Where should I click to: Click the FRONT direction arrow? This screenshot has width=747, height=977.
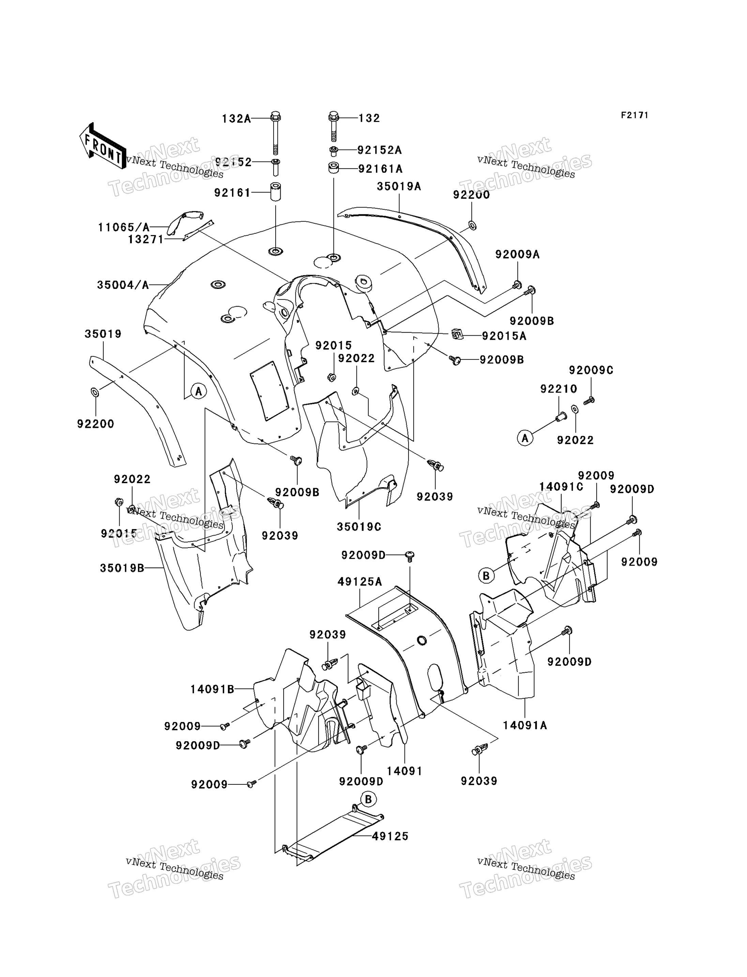(x=102, y=146)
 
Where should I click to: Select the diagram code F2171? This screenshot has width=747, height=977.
(x=635, y=115)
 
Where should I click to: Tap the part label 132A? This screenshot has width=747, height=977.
(x=237, y=119)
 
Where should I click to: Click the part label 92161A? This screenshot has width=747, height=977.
(x=380, y=169)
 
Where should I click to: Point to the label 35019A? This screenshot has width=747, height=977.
(x=399, y=186)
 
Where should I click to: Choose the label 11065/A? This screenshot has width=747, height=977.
(x=124, y=228)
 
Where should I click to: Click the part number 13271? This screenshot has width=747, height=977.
(x=146, y=240)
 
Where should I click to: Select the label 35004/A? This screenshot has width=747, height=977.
(x=123, y=285)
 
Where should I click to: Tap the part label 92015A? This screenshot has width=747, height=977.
(x=504, y=336)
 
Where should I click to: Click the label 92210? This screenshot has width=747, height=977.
(x=559, y=389)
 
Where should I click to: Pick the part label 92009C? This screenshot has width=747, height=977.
(x=591, y=370)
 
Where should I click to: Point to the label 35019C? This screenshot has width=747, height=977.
(x=359, y=527)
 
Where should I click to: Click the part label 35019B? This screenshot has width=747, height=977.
(x=122, y=568)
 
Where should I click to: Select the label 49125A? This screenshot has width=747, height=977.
(x=360, y=582)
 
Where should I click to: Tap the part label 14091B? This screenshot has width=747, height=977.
(x=213, y=690)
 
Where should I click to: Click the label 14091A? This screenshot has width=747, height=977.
(x=525, y=725)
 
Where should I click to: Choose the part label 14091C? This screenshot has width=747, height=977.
(x=561, y=487)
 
